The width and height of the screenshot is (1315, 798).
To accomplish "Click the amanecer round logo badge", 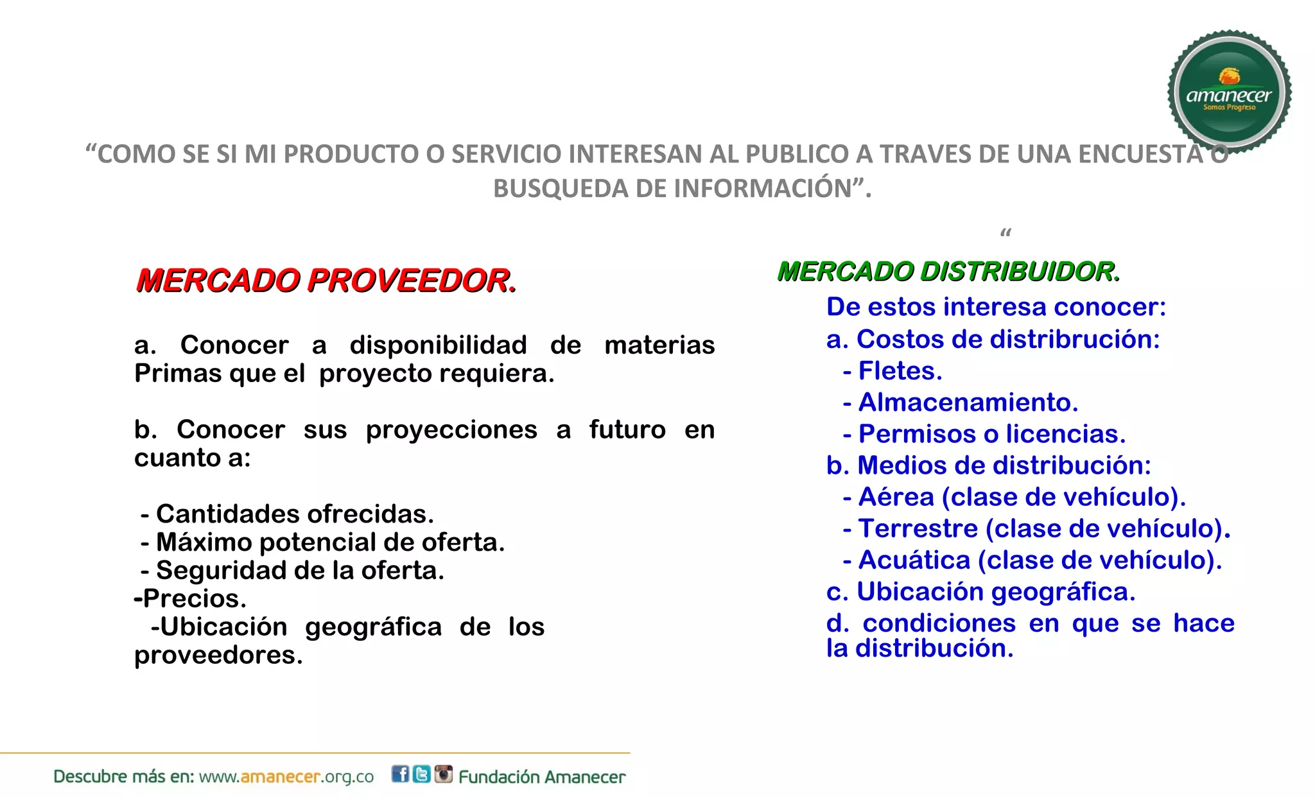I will click(x=1229, y=91).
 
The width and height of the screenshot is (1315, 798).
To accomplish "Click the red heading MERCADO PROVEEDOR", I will click(x=326, y=281).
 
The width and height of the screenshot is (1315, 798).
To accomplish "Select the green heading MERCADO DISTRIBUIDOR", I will click(x=948, y=272).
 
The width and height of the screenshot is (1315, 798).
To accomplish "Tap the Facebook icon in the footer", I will click(x=400, y=774).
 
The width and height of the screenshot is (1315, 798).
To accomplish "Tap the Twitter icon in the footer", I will click(x=421, y=774).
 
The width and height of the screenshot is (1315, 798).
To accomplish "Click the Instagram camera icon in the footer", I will click(x=443, y=774).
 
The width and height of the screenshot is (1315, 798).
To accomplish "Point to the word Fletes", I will click(x=900, y=371).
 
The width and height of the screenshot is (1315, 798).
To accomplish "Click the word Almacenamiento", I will click(x=968, y=403).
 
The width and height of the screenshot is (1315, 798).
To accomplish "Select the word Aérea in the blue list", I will click(x=896, y=497).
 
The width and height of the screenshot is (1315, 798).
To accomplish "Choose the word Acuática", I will click(x=914, y=560).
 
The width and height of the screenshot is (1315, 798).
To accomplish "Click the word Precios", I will click(x=195, y=598).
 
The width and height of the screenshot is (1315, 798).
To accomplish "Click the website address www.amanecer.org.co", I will click(x=286, y=777).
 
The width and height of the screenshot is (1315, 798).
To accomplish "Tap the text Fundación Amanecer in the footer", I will click(x=542, y=777).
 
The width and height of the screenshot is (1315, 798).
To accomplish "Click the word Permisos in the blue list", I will click(x=916, y=434).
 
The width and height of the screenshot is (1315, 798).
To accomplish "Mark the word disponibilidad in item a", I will click(x=438, y=345).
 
